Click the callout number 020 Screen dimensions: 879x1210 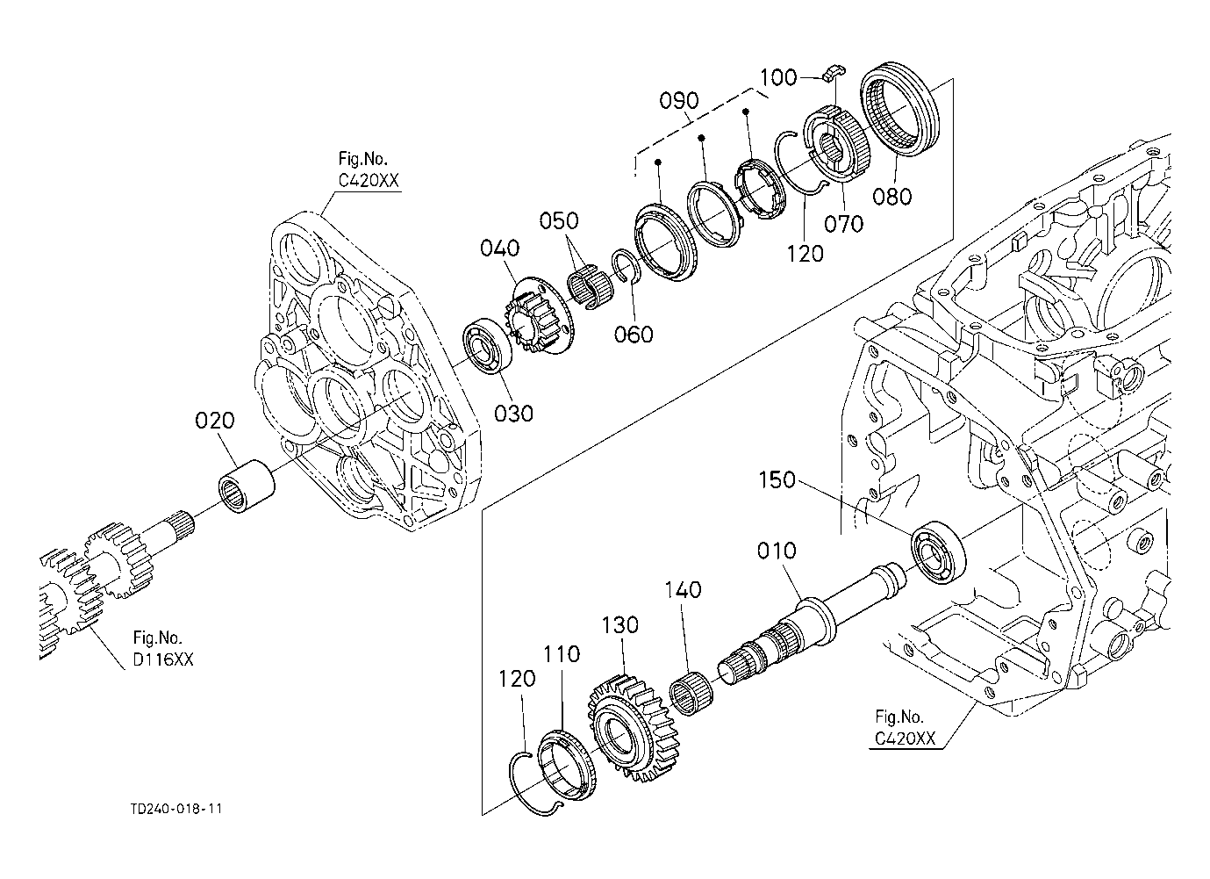point(215,421)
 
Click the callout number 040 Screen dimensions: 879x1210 point(499,249)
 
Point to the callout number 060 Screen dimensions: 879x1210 point(634,334)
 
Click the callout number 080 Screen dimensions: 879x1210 point(892,196)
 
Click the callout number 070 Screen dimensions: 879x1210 point(843,224)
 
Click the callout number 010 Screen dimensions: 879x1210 point(777,551)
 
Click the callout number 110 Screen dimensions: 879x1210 point(562,654)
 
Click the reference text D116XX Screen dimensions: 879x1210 point(163,660)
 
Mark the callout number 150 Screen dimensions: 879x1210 point(777,480)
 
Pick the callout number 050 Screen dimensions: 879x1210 point(559,219)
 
